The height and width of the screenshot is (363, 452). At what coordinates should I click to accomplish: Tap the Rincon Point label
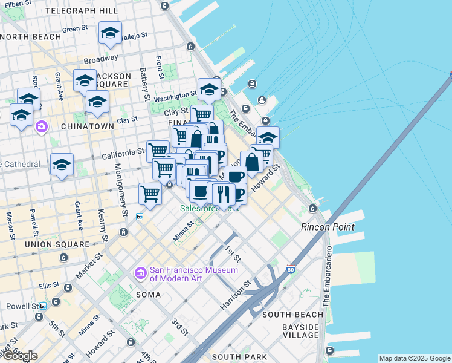coord(328,227)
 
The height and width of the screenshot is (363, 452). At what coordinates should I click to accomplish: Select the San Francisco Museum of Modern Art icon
coord(141,273)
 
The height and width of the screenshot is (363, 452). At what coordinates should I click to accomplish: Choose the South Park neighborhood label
coord(239,357)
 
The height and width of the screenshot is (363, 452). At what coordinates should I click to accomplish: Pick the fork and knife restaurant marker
coord(222,194)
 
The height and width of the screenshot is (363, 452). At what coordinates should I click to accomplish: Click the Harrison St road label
coord(235,296)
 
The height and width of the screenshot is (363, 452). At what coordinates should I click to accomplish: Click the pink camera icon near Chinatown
coord(41,126)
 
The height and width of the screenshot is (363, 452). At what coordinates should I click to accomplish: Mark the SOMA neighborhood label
coord(149,295)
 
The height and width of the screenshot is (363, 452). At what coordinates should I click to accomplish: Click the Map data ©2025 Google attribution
coord(415,358)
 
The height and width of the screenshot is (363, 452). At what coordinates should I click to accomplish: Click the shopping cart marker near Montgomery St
coord(150,194)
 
